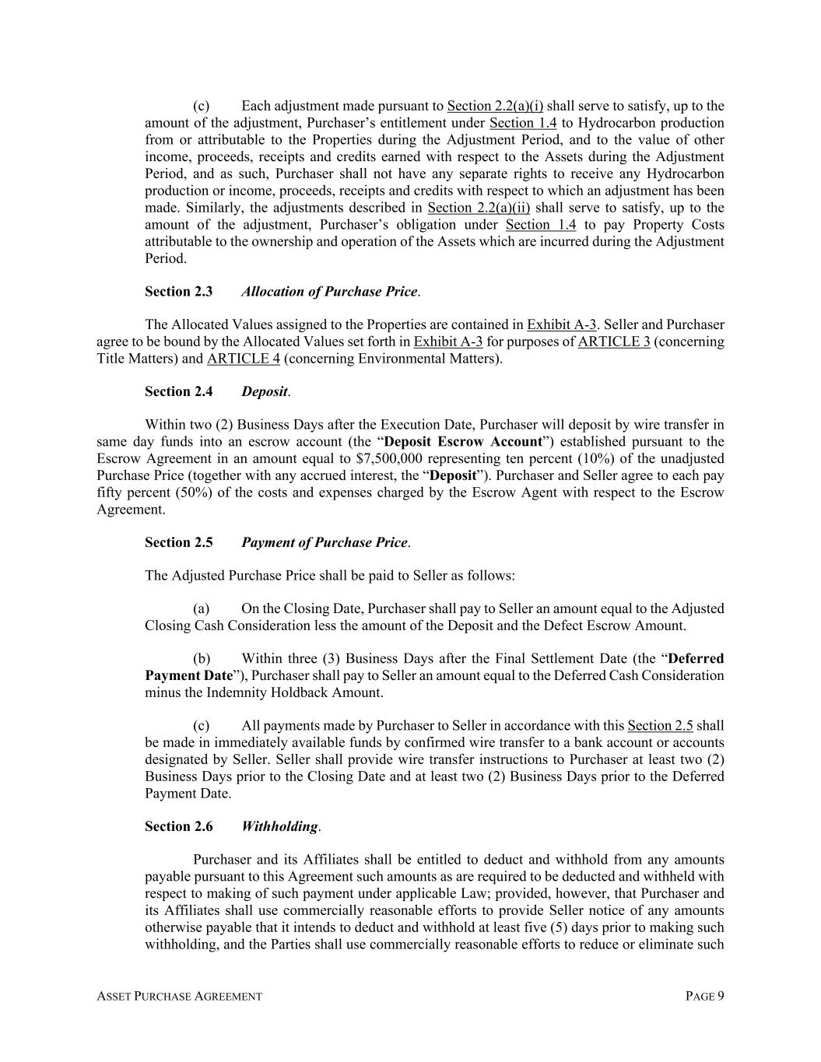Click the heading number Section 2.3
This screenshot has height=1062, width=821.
tap(178, 292)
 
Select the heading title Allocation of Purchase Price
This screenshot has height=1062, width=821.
tap(329, 292)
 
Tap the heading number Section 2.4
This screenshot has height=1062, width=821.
tap(178, 391)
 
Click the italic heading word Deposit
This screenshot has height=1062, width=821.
tap(265, 391)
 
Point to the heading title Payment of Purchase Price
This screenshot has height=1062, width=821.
tap(325, 542)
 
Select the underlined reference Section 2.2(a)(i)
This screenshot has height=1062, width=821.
tap(495, 106)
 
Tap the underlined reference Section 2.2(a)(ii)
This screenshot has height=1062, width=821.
tap(479, 208)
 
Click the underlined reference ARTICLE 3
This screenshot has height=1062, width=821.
tap(614, 342)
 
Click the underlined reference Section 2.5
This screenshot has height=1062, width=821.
tap(660, 726)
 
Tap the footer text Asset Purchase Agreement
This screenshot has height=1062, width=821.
tap(179, 997)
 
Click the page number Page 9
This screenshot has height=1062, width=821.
tap(705, 997)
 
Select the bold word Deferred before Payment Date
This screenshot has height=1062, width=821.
tap(696, 659)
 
